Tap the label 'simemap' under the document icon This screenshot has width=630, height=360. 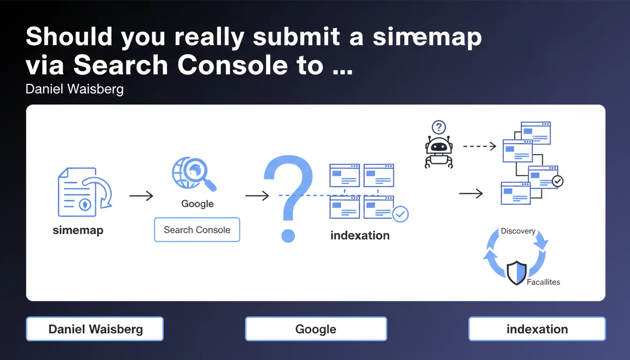[x=78, y=230]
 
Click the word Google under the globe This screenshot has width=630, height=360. [x=197, y=204]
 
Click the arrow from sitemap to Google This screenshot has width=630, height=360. [x=141, y=196]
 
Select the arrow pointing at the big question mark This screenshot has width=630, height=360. [x=257, y=195]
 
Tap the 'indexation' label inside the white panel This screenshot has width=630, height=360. [x=360, y=235]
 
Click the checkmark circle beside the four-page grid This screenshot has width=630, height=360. [x=400, y=214]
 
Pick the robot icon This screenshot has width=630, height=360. [x=439, y=151]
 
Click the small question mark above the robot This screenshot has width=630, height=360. [x=439, y=127]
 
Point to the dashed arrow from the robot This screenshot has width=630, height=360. [x=479, y=146]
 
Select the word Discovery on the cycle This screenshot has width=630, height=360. [x=518, y=231]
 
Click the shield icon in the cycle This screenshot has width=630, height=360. [x=517, y=273]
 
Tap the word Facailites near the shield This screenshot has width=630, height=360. [x=543, y=282]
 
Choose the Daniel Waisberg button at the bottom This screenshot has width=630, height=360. [x=95, y=329]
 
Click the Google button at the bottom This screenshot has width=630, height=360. [x=316, y=329]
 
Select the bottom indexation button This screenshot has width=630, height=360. [x=537, y=329]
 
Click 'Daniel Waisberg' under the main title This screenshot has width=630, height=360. [x=75, y=89]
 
